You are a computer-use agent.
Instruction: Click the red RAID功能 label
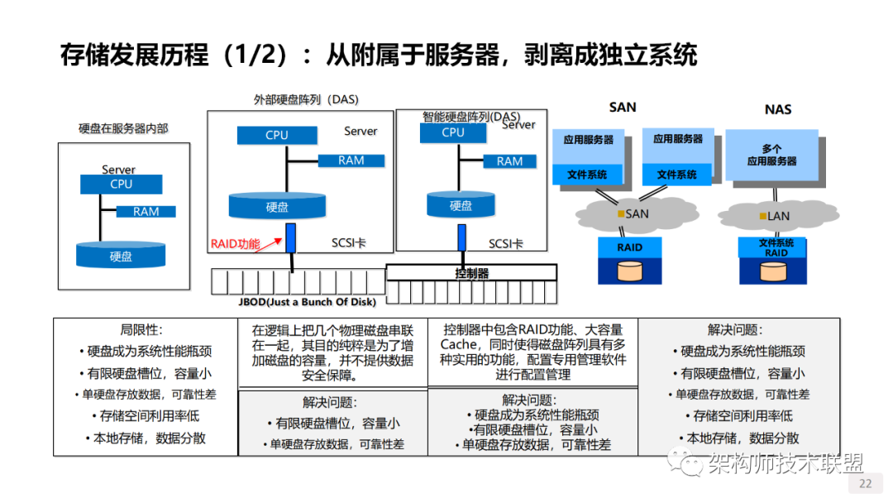point(235,243)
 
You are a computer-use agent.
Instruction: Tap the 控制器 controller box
point(471,273)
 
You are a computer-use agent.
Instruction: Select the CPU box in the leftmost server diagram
point(121,184)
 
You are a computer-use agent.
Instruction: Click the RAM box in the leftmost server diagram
point(146,211)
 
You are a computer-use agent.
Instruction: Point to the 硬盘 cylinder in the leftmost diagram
point(121,255)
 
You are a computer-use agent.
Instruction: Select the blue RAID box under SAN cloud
point(629,247)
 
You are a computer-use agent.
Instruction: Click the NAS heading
point(778,109)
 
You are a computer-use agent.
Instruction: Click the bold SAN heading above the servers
point(623,108)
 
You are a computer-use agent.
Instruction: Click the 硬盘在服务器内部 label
point(122,128)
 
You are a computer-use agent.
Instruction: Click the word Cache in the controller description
point(459,344)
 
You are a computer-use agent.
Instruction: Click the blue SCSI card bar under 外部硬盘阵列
point(291,238)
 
